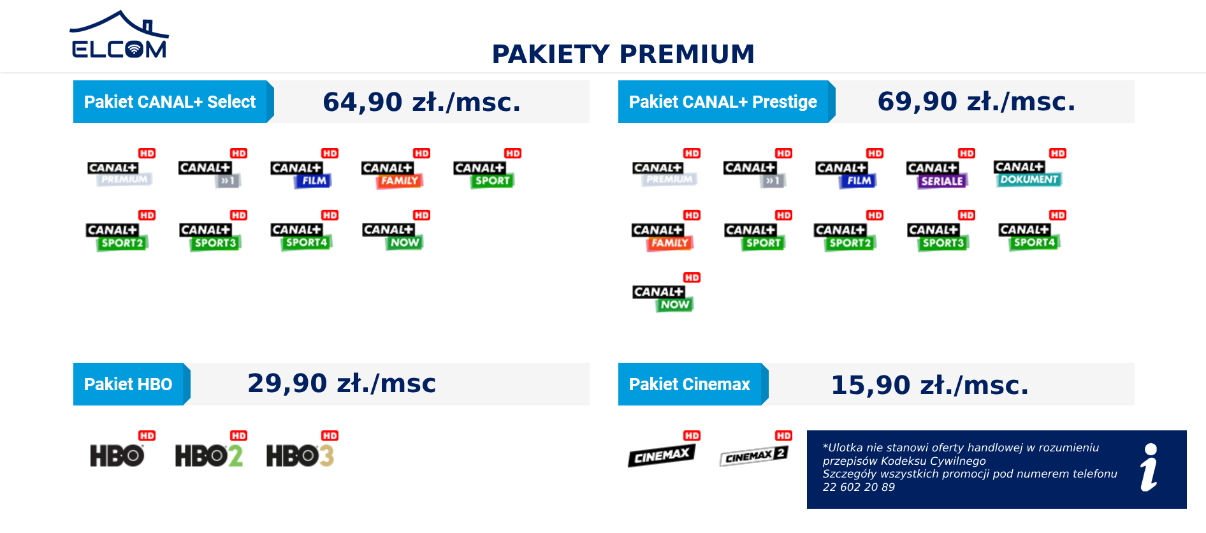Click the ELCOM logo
click(119, 34)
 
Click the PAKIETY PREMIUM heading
click(623, 54)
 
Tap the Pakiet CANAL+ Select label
click(170, 102)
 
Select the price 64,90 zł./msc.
click(421, 102)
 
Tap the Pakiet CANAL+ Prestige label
click(723, 102)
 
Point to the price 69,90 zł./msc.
click(976, 101)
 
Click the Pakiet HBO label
click(128, 384)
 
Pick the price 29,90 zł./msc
click(342, 383)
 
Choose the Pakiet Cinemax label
click(689, 384)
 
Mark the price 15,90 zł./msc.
click(929, 385)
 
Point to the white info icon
click(1149, 467)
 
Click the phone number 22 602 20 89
click(859, 488)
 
